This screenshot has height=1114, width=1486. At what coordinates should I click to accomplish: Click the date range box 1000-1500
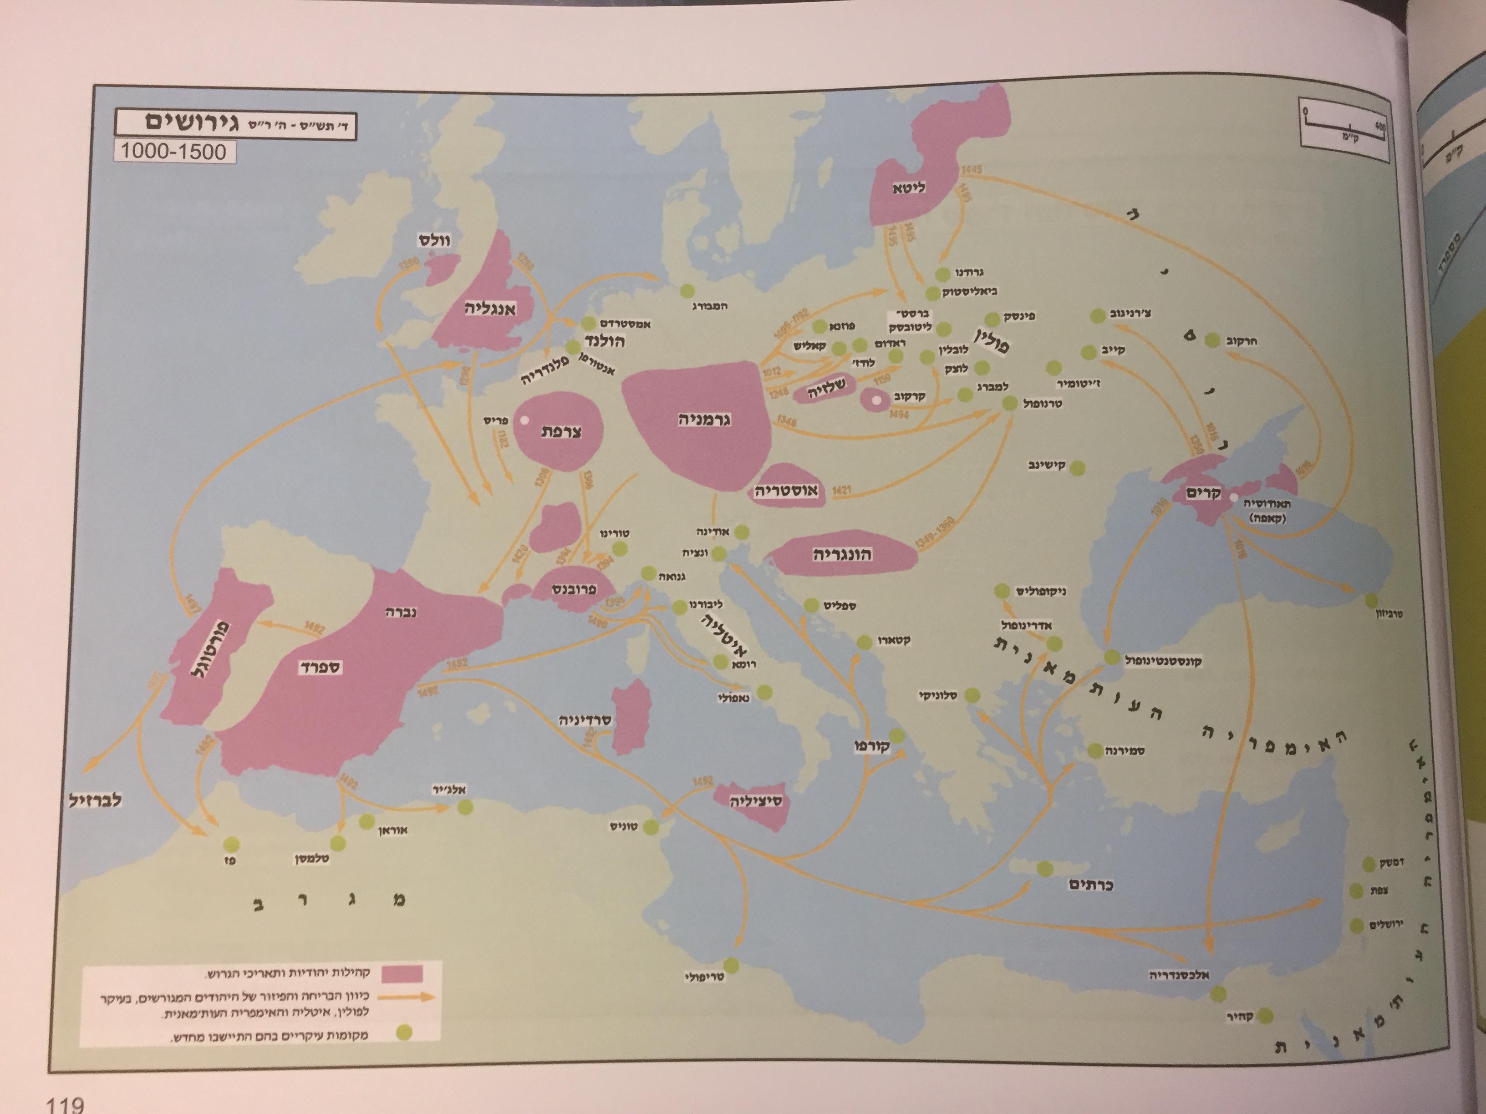click(x=173, y=151)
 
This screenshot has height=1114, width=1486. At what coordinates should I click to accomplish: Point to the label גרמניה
click(x=703, y=420)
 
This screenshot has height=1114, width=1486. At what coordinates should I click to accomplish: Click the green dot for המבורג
click(x=687, y=291)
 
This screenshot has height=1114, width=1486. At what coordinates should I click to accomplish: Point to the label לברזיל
click(x=95, y=800)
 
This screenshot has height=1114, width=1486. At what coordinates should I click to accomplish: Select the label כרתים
click(x=1091, y=885)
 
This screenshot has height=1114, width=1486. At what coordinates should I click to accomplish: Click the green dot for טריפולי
click(x=731, y=966)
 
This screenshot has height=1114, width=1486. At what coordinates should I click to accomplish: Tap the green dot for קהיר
click(x=1265, y=1015)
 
